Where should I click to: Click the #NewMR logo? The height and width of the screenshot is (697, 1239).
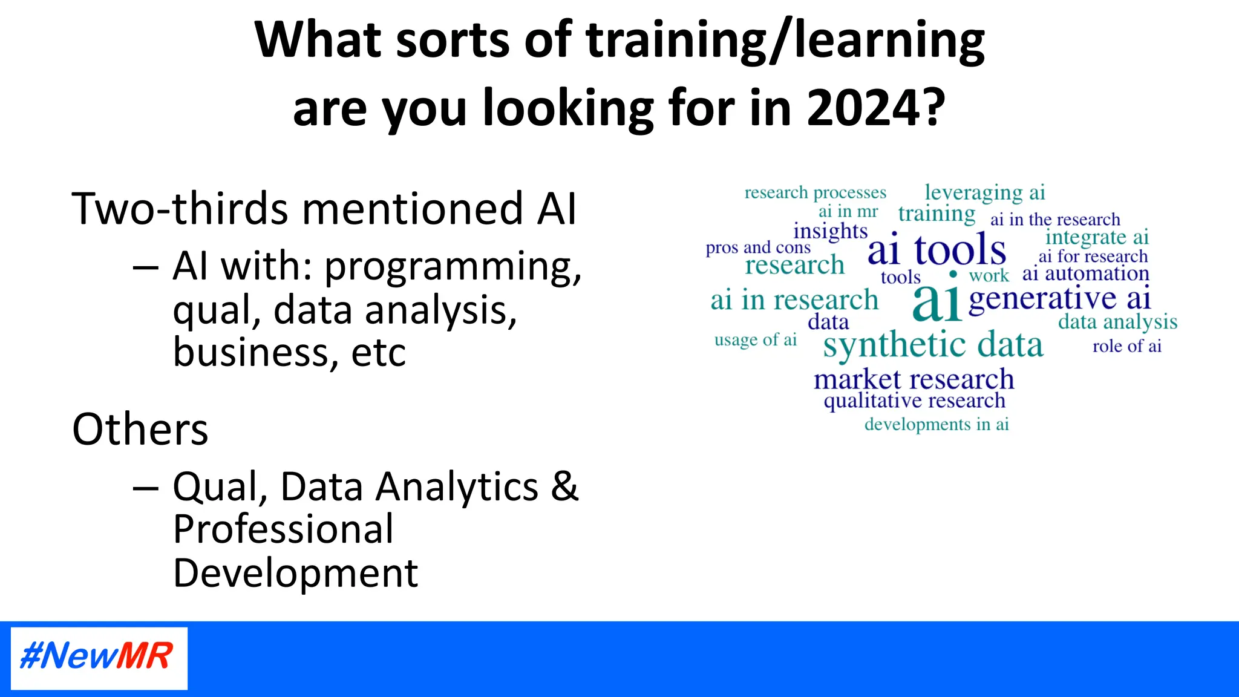coord(99,657)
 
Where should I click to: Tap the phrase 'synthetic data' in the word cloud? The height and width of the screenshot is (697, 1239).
coord(933,345)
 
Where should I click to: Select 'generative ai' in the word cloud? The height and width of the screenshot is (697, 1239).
coord(1059,298)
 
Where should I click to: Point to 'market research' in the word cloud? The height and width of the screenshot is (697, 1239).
coord(914,379)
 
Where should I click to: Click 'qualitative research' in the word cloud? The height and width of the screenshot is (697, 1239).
coord(914,401)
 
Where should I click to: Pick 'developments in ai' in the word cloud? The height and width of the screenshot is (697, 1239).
coord(937,424)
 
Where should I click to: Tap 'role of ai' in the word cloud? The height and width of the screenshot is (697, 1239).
coord(1126,346)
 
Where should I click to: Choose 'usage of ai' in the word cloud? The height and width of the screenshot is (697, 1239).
coord(756,340)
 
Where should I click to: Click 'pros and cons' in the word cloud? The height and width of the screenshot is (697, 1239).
coord(758,247)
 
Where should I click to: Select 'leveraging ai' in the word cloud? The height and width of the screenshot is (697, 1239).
coord(985,192)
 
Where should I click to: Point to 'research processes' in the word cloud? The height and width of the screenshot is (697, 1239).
coord(815,192)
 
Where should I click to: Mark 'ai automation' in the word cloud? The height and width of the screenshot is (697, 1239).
coord(1085,273)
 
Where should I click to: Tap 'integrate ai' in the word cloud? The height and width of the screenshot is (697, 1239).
coord(1097,237)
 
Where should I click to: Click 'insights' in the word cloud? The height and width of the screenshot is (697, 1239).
coord(830,231)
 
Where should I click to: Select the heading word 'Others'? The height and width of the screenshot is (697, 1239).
coord(140,429)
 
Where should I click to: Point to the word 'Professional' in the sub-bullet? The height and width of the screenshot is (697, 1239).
coord(283,529)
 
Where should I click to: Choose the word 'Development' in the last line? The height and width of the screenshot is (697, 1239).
coord(295,573)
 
